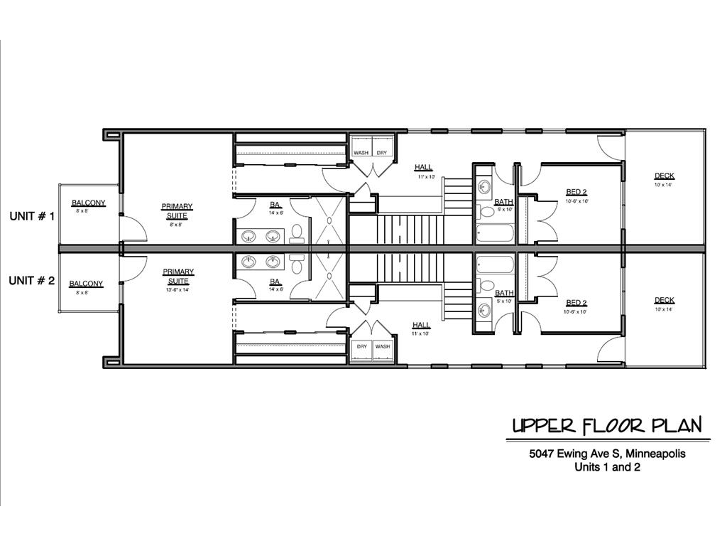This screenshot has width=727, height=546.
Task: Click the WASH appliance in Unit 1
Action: tap(361, 152)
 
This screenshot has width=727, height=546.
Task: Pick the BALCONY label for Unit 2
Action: tap(86, 284)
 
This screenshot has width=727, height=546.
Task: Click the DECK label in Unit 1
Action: tap(665, 176)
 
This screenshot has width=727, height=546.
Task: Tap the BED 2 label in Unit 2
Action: tap(576, 302)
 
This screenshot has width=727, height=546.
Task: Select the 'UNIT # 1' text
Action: tap(31, 216)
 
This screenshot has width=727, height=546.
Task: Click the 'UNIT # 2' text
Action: tap(31, 281)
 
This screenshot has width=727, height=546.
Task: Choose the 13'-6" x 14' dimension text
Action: tap(177, 289)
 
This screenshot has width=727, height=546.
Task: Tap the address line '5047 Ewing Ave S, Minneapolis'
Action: tap(606, 454)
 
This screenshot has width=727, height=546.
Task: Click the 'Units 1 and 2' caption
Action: tap(606, 467)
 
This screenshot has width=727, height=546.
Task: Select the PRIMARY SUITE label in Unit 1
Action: tap(177, 211)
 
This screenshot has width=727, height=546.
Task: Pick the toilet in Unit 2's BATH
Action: tap(488, 286)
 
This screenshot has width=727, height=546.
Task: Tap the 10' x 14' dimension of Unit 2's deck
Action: tap(665, 309)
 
